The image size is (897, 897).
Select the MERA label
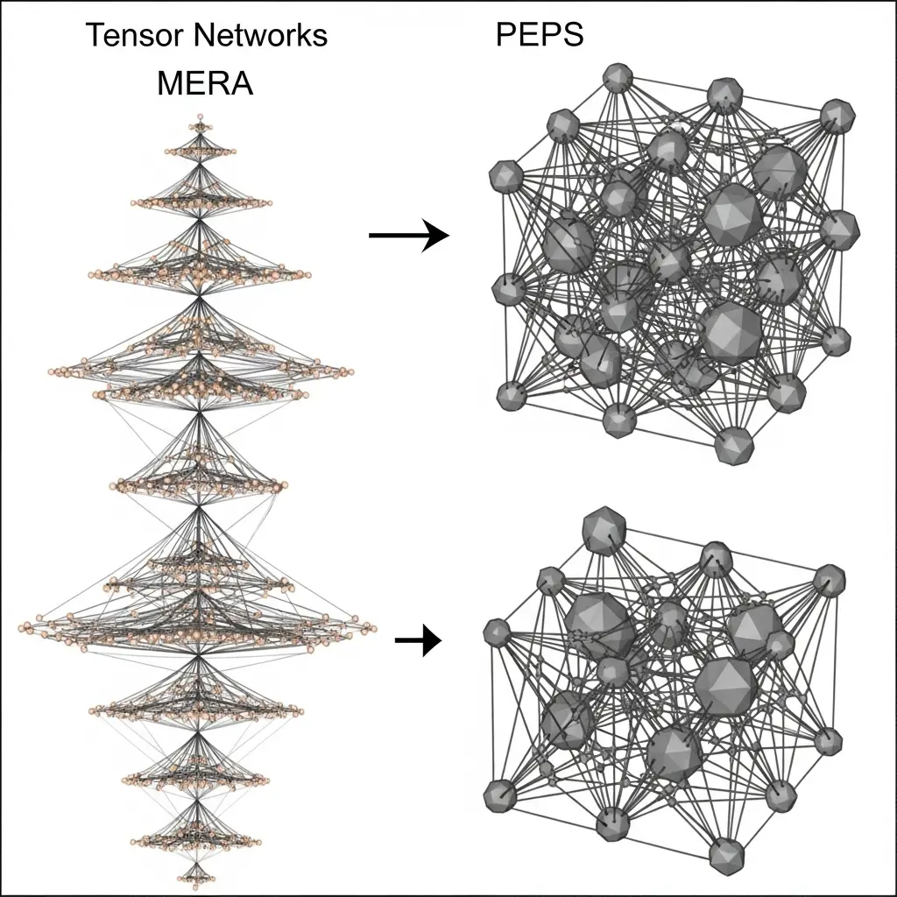pos(205,83)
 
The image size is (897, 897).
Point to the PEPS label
pos(538,35)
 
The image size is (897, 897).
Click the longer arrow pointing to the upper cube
pos(408,236)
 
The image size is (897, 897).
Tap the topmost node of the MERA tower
pos(201,117)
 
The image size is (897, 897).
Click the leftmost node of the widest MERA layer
pos(26,627)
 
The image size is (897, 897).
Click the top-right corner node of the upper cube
pos(838,116)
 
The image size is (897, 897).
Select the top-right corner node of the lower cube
pos(828,579)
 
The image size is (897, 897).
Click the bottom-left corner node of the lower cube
pos(500,794)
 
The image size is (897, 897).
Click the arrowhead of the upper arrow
pos(435,236)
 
